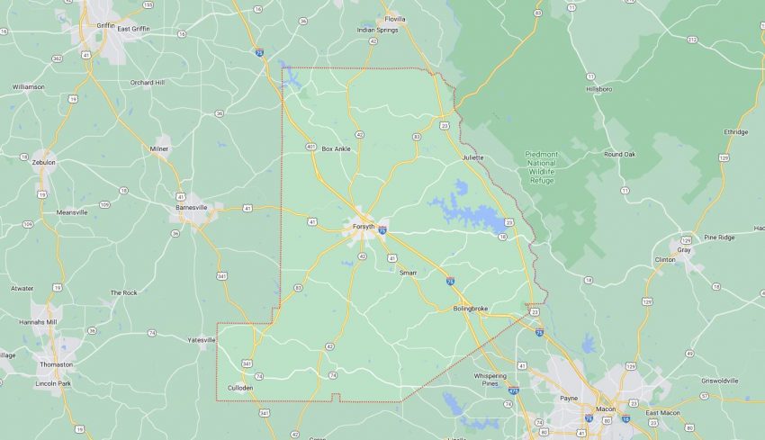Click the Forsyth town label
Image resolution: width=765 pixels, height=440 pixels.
(364, 226)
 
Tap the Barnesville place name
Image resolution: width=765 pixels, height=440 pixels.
(191, 207)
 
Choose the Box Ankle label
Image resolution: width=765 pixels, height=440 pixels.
(336, 148)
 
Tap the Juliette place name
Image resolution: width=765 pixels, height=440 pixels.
(472, 157)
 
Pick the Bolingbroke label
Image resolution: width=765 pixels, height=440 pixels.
(470, 310)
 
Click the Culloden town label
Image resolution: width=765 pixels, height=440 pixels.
(240, 388)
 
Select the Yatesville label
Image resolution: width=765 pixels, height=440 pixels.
(201, 340)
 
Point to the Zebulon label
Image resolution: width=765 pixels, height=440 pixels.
(43, 163)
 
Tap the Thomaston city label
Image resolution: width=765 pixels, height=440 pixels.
(56, 364)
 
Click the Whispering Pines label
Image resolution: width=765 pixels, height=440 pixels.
(490, 380)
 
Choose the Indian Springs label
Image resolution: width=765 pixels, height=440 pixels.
(377, 30)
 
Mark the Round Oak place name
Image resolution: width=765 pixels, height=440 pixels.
(619, 154)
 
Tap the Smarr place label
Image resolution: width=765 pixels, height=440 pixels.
(407, 272)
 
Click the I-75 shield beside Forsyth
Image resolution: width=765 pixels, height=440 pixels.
(383, 231)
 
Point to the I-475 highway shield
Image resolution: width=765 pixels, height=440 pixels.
(513, 391)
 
